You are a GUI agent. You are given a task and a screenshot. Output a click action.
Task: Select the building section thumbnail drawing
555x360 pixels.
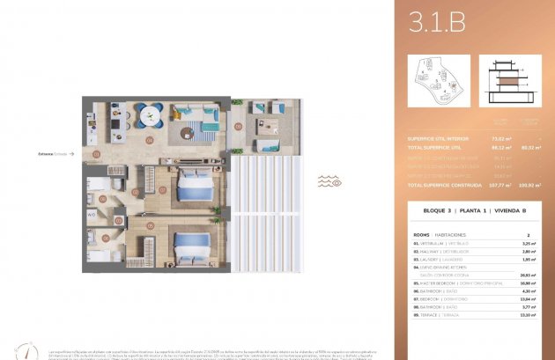click(510, 82)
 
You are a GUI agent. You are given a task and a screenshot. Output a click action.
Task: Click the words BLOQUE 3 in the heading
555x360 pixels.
click(427, 213)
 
